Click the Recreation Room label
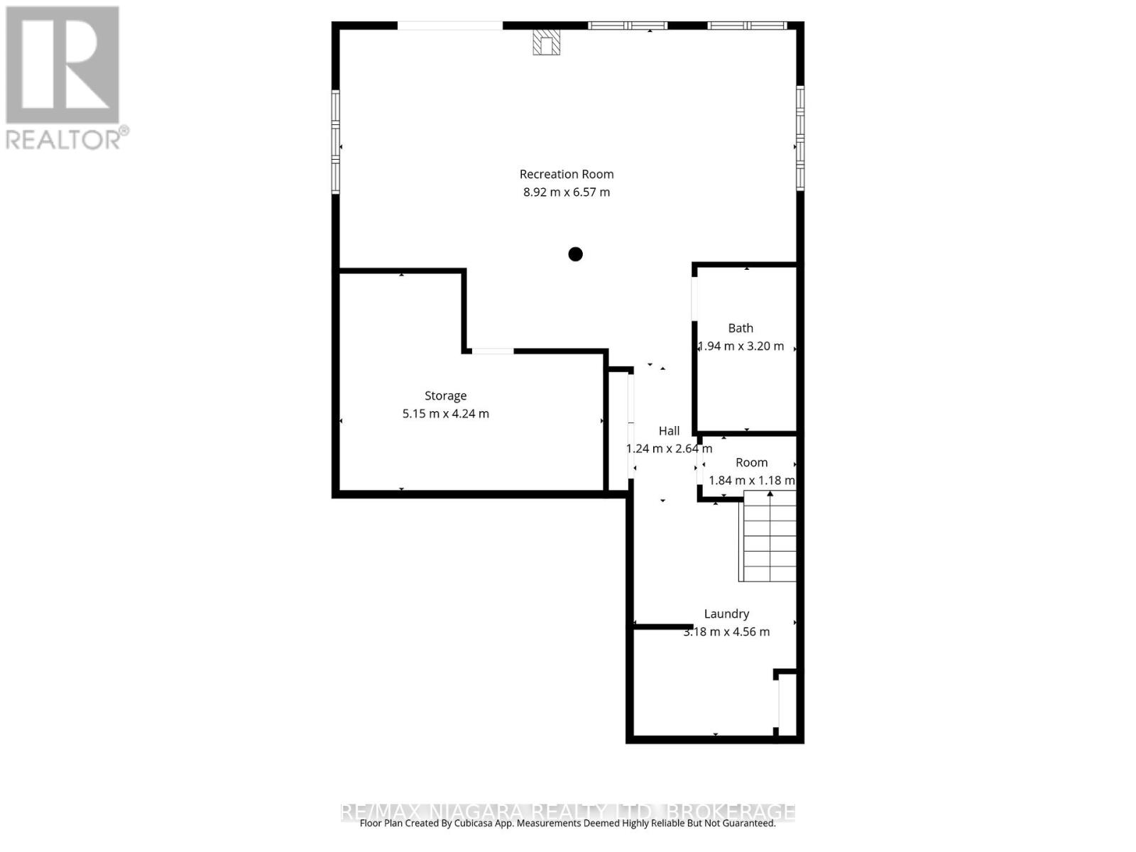(x=566, y=174)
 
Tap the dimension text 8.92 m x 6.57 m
(x=566, y=192)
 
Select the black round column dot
(x=575, y=253)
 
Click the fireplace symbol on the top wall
(x=547, y=42)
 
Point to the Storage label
(x=445, y=395)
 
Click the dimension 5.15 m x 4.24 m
(x=445, y=413)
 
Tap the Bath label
(x=741, y=328)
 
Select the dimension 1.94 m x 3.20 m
(x=741, y=346)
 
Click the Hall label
(x=669, y=430)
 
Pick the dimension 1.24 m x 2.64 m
(x=669, y=448)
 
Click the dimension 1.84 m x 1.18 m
(x=751, y=480)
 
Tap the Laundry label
(x=726, y=613)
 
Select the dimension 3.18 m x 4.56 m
(x=726, y=631)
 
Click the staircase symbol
(x=769, y=537)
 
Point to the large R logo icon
(x=62, y=65)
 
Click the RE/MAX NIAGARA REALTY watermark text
(x=568, y=812)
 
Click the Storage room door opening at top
(x=493, y=351)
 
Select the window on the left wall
(x=336, y=141)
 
